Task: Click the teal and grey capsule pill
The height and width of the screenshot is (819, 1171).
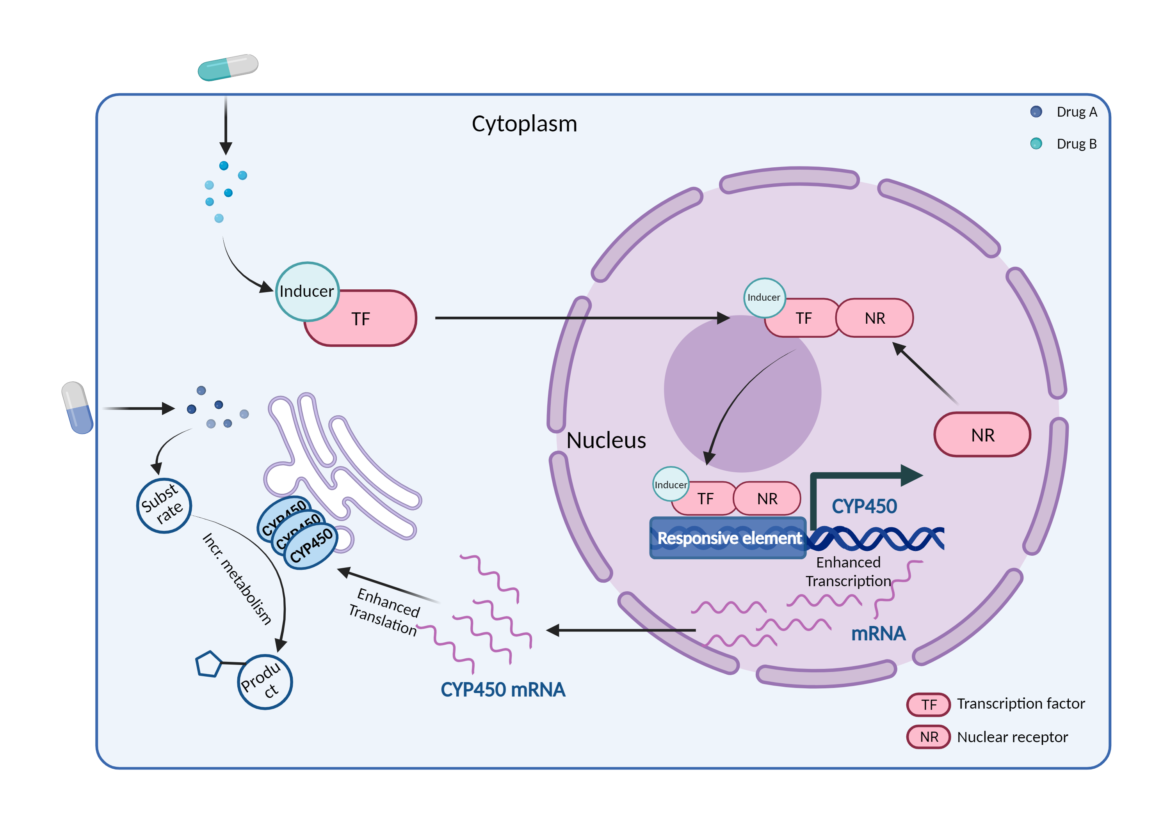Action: tap(228, 67)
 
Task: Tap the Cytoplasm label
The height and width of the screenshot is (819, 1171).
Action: tap(524, 124)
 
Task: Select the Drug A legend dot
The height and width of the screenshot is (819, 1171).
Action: tap(1036, 112)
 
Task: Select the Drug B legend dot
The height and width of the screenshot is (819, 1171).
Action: tap(1036, 144)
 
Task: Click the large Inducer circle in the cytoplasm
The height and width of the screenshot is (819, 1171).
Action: tap(307, 291)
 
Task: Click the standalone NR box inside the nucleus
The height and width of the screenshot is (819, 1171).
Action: tap(982, 435)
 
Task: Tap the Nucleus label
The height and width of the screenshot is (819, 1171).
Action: tap(606, 440)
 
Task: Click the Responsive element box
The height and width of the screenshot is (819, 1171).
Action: tap(728, 538)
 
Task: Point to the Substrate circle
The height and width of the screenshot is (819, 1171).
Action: tap(164, 505)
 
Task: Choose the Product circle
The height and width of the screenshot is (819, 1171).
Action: tap(265, 682)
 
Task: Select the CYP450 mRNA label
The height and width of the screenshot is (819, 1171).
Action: tap(502, 690)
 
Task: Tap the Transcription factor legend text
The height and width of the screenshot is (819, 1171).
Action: tap(1021, 704)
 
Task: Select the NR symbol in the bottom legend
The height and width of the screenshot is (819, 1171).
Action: tap(928, 737)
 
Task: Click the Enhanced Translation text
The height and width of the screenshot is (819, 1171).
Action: tap(385, 612)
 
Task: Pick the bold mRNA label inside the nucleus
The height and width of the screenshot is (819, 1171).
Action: tap(878, 633)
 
